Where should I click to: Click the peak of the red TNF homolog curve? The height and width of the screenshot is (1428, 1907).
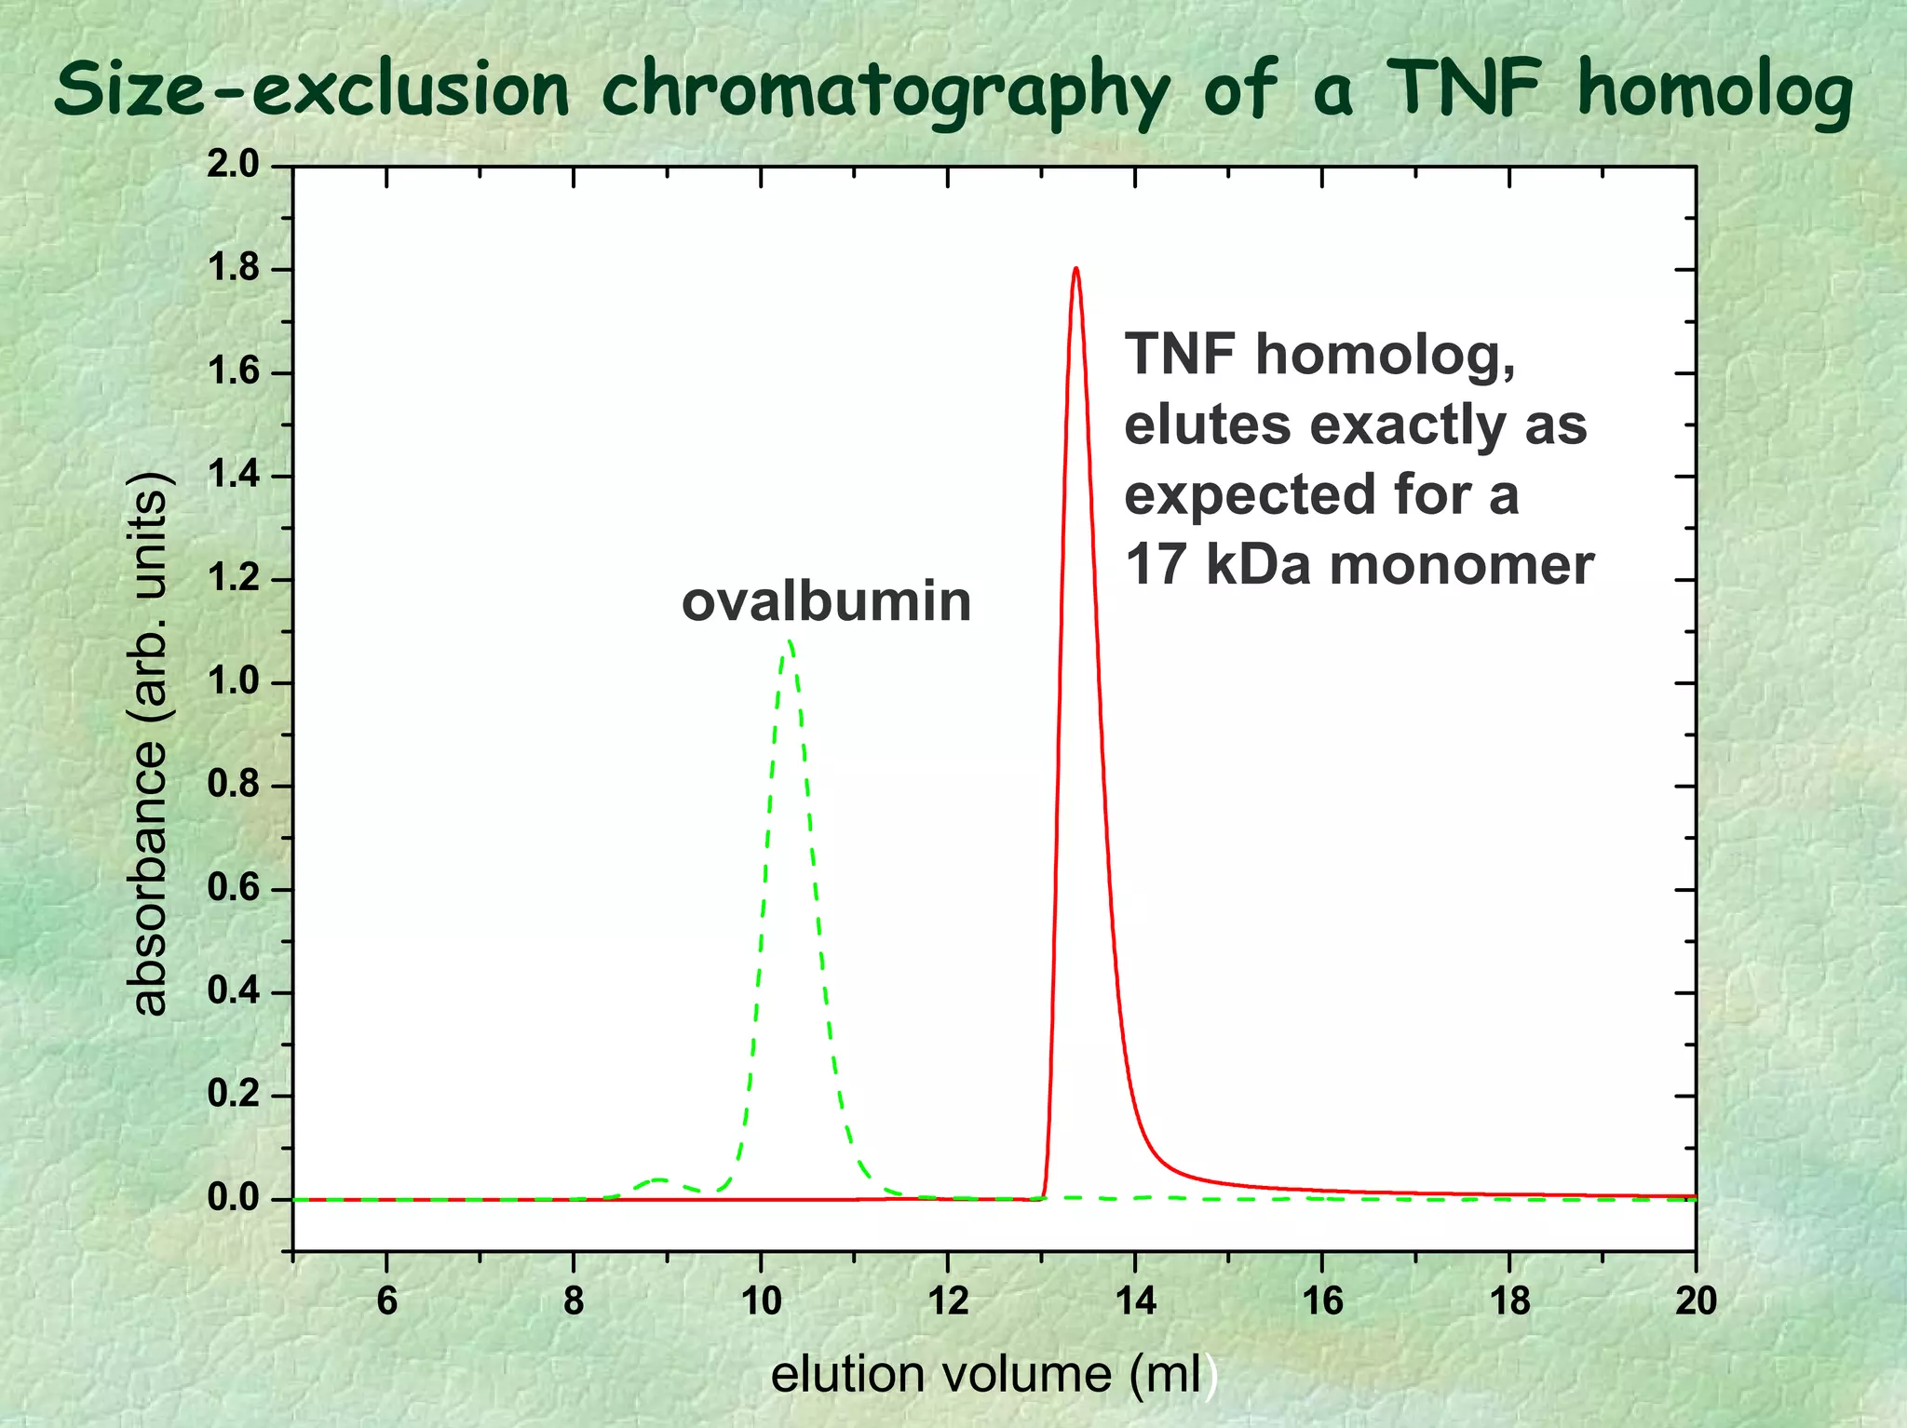1075,270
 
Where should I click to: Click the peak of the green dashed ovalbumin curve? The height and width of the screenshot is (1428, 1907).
790,642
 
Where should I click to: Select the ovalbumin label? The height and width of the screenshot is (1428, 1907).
826,601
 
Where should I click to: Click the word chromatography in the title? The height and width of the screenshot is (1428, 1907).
885,91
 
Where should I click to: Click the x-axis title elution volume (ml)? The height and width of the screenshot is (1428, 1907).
993,1374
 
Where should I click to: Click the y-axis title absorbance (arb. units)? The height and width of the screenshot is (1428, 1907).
149,743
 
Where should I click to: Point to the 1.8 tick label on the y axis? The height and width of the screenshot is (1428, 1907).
233,270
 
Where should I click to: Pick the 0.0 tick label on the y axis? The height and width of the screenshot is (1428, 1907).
233,1199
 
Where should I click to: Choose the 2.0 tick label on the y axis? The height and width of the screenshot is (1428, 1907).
233,167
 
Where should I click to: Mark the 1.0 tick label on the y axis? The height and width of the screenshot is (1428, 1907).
233,682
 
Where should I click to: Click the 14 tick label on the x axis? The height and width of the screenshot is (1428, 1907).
1135,1300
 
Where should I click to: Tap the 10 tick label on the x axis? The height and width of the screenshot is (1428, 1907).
761,1300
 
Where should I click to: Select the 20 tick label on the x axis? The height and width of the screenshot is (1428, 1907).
1696,1300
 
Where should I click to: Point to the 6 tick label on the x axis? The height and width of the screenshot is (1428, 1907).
386,1300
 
